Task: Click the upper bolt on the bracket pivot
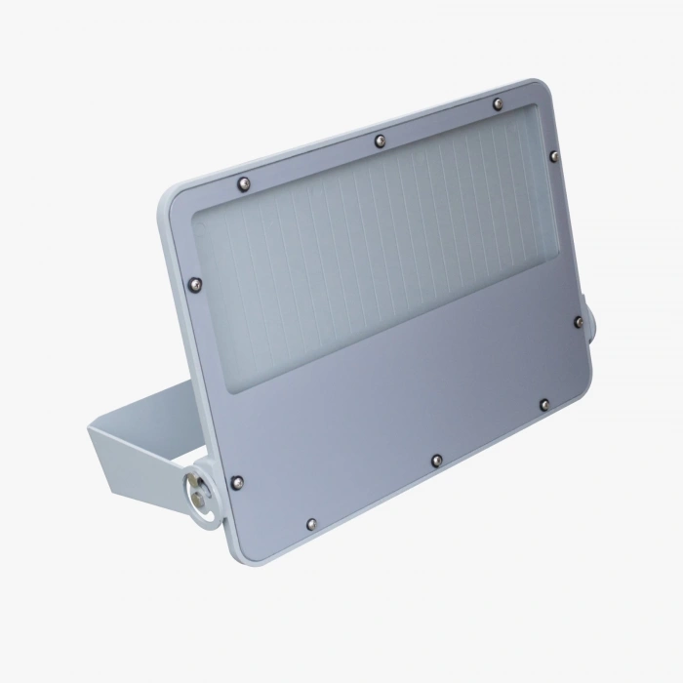(x=194, y=483)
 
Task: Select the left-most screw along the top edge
(x=243, y=181)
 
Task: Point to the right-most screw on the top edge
(x=497, y=102)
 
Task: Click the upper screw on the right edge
(x=553, y=155)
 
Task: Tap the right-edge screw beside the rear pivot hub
(x=578, y=321)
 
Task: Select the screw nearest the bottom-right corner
(x=544, y=403)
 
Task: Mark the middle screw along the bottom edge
(x=435, y=459)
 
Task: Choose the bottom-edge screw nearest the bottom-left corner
(x=310, y=524)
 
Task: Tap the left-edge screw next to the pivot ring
(x=234, y=481)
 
